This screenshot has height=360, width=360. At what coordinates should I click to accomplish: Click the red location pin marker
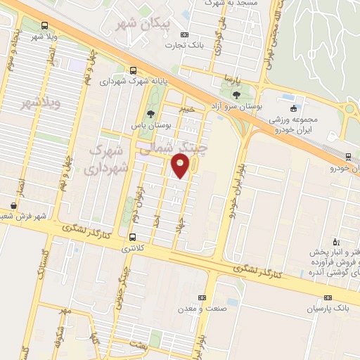(x=181, y=167)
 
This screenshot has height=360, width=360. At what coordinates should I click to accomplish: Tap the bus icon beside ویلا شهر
(x=45, y=25)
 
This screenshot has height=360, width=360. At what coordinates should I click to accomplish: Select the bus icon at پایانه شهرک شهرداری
(x=133, y=70)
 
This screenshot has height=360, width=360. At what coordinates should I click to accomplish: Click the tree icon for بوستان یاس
(x=150, y=115)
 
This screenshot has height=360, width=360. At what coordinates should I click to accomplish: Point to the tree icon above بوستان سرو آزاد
(x=236, y=94)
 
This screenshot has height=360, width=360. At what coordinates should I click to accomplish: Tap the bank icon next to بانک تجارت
(x=184, y=34)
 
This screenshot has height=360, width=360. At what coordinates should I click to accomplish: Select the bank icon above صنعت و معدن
(x=202, y=298)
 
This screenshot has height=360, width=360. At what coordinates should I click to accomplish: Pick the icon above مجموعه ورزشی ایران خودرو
(x=293, y=108)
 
